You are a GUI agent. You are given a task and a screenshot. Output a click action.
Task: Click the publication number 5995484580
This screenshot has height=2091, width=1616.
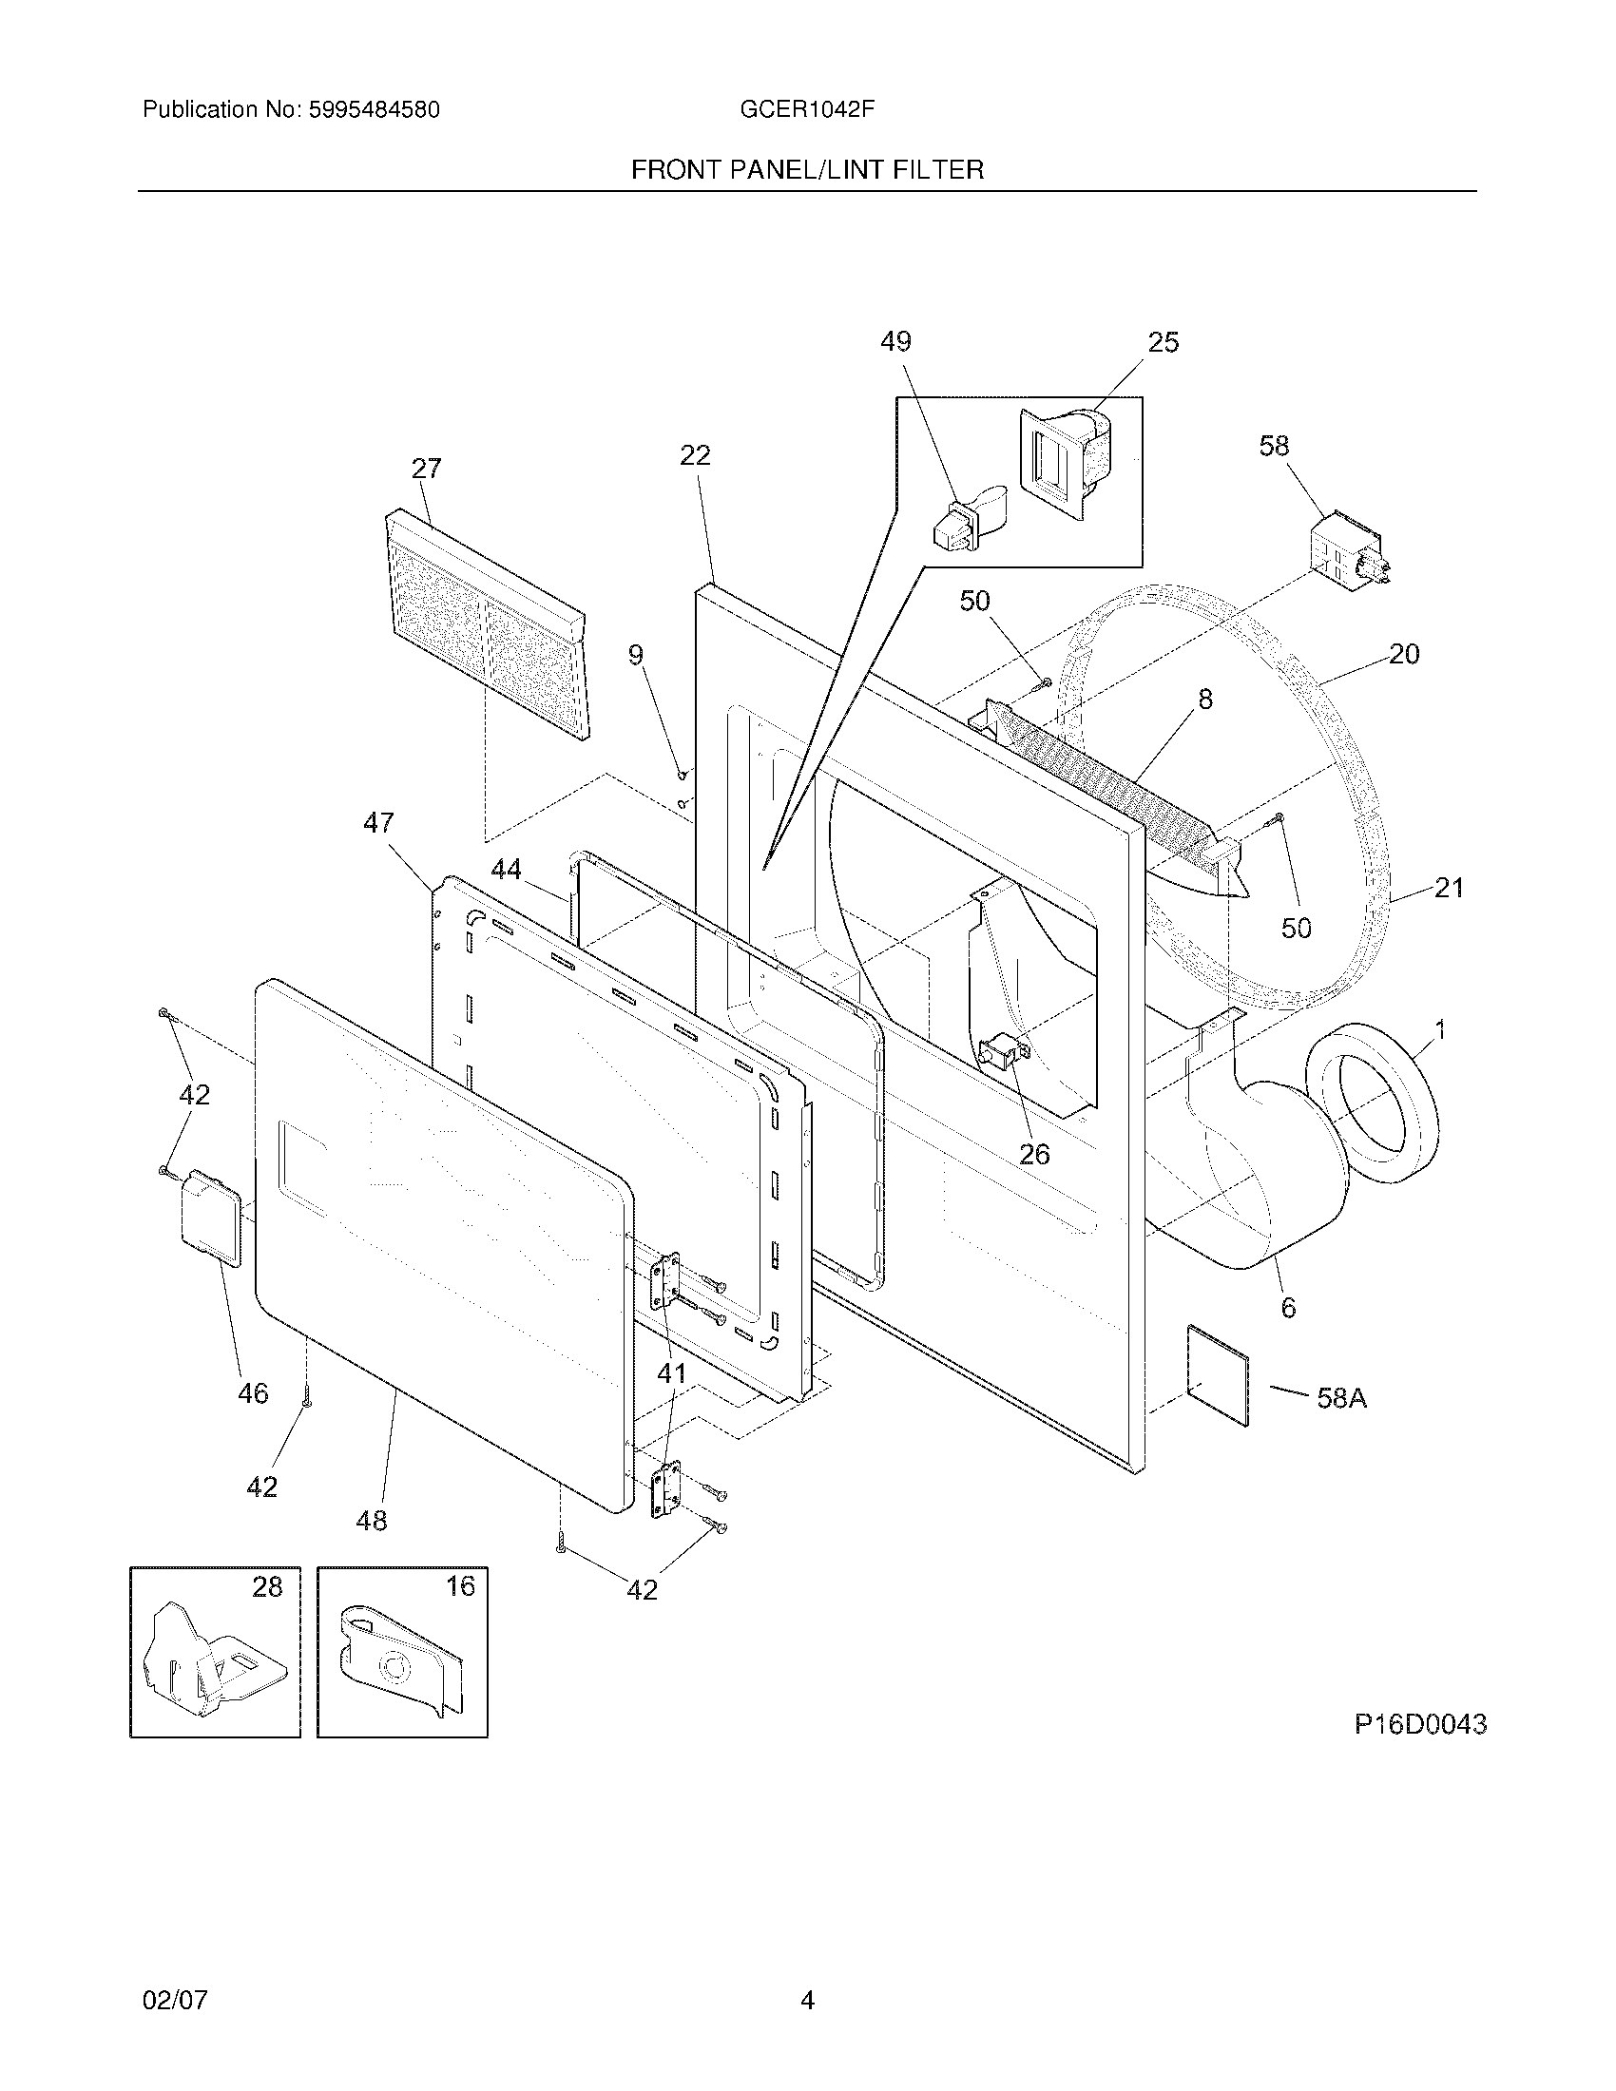click(374, 110)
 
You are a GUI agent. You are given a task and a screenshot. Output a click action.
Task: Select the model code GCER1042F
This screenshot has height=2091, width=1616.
click(806, 110)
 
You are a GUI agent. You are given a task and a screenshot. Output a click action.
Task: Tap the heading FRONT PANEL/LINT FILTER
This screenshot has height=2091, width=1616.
click(807, 170)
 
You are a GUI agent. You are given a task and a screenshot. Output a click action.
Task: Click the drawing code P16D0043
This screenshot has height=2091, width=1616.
click(1420, 1724)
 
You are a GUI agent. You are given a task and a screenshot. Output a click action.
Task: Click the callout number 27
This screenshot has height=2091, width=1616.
click(426, 469)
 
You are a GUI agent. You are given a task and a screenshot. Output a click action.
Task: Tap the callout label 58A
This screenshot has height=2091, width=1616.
click(1341, 1399)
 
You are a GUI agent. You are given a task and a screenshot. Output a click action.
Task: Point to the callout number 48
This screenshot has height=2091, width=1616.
click(372, 1520)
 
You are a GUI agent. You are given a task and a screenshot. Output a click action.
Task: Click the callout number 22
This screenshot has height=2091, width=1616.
click(695, 454)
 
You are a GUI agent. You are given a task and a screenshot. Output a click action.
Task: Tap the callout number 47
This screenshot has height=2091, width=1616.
click(378, 822)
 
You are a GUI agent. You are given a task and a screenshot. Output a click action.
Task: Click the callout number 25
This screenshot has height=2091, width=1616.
click(1164, 343)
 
